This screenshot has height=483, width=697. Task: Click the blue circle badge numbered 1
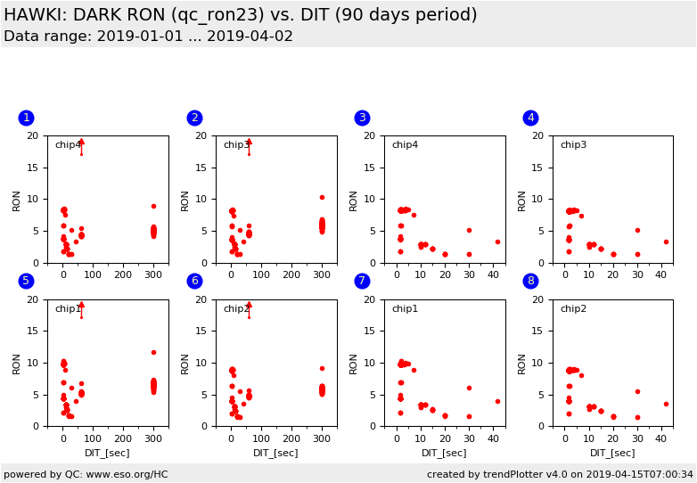[26, 118]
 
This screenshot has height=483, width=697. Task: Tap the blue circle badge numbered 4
[530, 118]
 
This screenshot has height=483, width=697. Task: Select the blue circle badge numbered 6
[194, 282]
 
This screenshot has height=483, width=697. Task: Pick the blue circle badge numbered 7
[362, 282]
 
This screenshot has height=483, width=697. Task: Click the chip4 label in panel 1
[68, 145]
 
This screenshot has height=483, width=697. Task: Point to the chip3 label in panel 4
[573, 145]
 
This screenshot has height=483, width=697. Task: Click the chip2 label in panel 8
[573, 309]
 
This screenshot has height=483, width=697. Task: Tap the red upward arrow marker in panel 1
[81, 142]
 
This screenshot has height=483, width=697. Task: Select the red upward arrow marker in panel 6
[249, 305]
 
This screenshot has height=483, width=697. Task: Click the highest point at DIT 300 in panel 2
[322, 197]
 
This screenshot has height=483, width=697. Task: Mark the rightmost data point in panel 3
[497, 241]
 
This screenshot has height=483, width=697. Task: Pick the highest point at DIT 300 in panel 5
[153, 352]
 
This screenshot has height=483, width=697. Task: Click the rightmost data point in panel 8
[666, 404]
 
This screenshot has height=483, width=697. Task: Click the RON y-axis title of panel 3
[353, 200]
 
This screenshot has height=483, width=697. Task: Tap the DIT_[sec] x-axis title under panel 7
[444, 453]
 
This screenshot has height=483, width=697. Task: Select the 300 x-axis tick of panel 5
[153, 438]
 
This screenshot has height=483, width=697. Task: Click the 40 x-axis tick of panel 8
[660, 438]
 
